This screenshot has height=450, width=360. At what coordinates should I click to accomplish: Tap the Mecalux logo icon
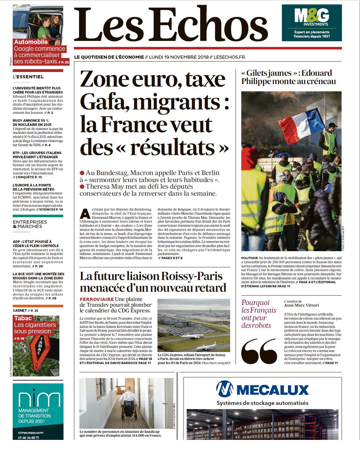pos(224,389)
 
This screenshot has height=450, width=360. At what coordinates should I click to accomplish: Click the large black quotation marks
pos(259,351)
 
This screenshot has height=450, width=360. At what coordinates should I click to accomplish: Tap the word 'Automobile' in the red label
pos(31,42)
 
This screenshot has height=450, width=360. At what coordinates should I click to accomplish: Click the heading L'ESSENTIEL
pos(28,77)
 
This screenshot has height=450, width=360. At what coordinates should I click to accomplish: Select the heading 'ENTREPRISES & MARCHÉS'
pos(30,224)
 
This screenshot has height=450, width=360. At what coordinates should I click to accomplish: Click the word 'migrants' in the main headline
pos(177,103)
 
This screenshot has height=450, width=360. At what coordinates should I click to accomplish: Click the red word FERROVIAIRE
pos(97,299)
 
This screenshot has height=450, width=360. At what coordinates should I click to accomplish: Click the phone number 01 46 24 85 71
pos(29,438)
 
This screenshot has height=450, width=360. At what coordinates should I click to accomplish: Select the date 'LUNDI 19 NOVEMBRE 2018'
pos(179,57)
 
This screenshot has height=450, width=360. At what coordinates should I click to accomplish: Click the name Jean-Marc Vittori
pos(301,305)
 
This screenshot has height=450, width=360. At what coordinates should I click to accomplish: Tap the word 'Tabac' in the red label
pos(23,318)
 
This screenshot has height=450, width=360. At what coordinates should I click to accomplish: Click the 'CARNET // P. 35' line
pos(25,310)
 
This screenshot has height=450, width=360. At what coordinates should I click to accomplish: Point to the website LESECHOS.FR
pos(229,57)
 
